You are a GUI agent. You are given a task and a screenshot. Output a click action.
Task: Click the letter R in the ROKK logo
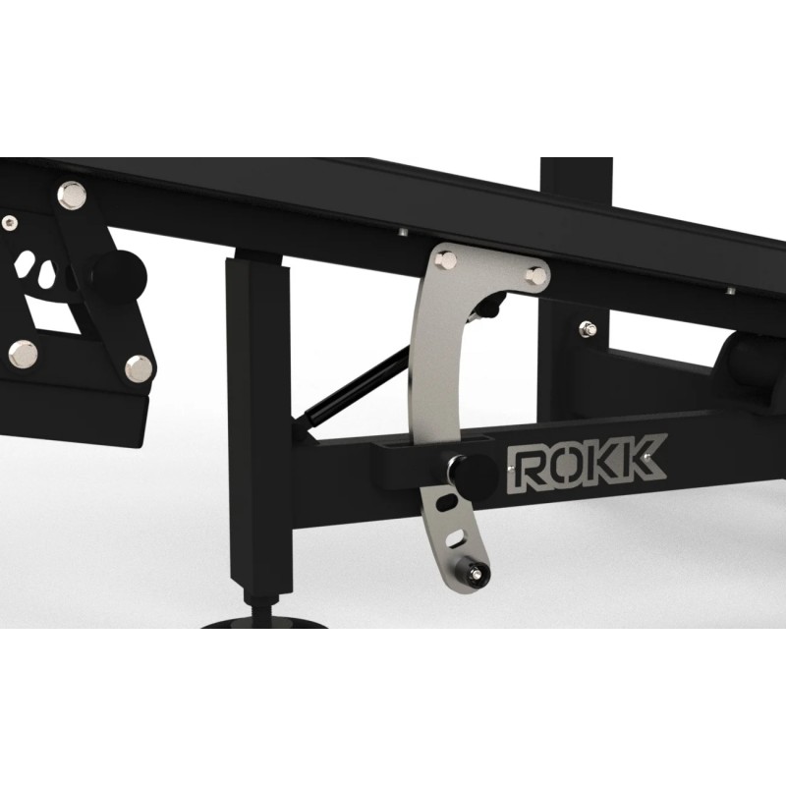pyautogui.click(x=525, y=470)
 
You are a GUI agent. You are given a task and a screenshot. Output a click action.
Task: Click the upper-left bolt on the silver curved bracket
pyautogui.click(x=446, y=260)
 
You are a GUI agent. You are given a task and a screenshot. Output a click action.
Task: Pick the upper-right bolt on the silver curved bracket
pyautogui.click(x=535, y=275)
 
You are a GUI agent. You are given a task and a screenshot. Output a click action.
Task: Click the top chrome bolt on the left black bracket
pyautogui.click(x=71, y=196)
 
